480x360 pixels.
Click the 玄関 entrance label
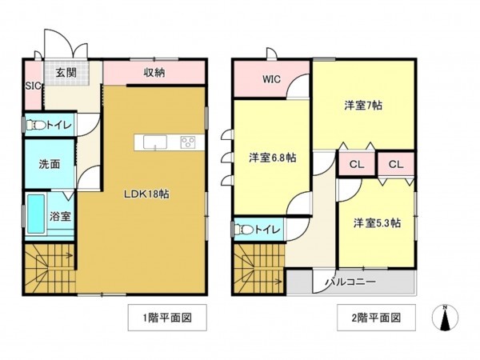coord(65,72)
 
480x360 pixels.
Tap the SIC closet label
coord(33,86)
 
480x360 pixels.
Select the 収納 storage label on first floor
coord(155,72)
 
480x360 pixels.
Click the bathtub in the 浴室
coord(35,216)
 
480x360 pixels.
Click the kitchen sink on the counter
coord(155,142)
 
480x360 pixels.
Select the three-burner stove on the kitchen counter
coord(190,142)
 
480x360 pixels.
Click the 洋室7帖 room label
coord(362,105)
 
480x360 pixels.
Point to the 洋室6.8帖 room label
coord(272,158)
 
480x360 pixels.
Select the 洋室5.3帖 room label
coord(377,223)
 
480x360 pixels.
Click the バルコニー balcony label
coord(350,282)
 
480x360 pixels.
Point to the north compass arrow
coord(445,318)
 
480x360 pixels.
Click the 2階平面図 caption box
coord(374,318)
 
